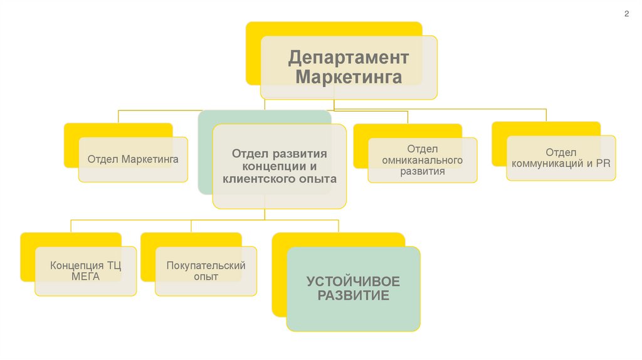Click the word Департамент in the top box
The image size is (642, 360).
[349, 58]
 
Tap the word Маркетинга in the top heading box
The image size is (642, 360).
[349, 78]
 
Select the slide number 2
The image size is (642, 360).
[626, 14]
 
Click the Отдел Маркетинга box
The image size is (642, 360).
[133, 159]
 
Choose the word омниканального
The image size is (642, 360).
[422, 160]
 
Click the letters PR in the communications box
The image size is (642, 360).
[603, 164]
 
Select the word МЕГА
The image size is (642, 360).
[85, 277]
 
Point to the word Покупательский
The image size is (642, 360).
[206, 265]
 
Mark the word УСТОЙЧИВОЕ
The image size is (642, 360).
[353, 281]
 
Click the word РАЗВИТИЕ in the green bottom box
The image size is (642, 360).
[353, 295]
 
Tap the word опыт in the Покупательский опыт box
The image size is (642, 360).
[206, 277]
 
